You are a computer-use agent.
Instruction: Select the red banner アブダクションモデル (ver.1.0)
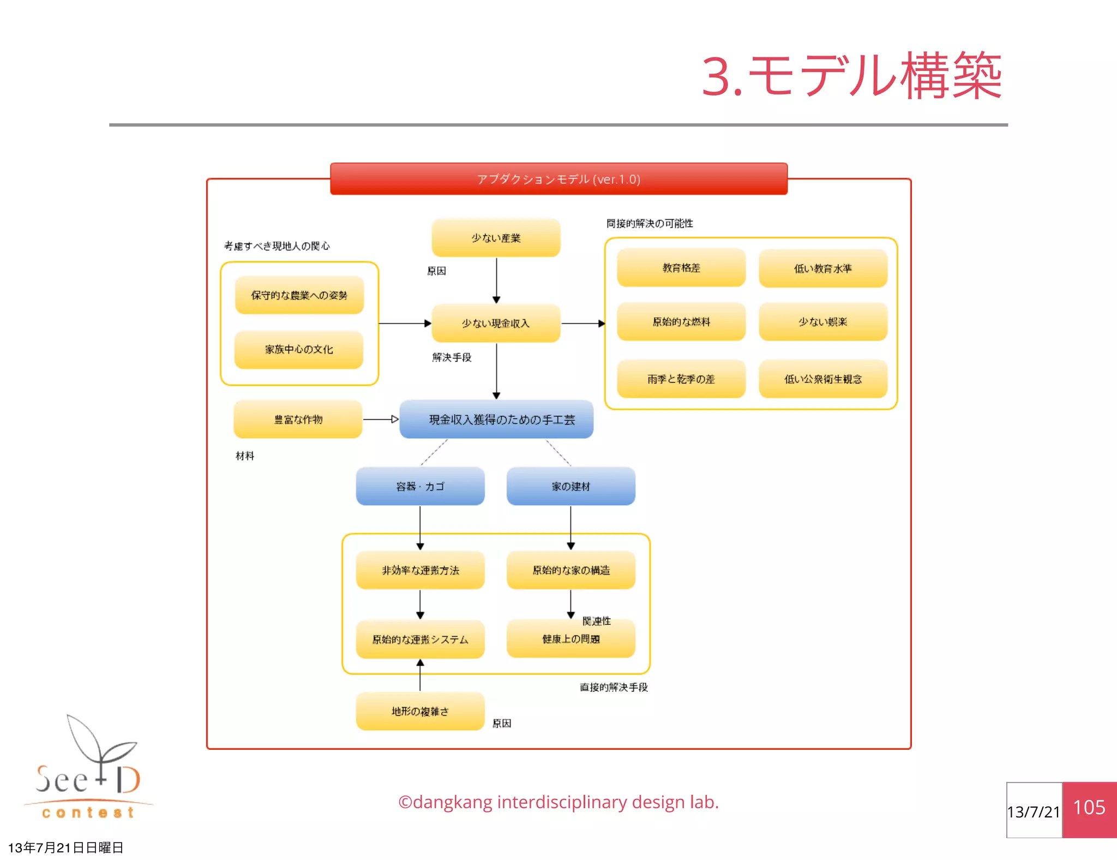(558, 179)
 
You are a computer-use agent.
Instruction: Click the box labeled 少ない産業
(496, 238)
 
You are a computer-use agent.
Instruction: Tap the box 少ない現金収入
(496, 323)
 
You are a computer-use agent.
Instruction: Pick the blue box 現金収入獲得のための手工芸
(496, 419)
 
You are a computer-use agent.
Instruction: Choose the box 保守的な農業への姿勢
(299, 295)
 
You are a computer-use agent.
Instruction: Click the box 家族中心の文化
(299, 349)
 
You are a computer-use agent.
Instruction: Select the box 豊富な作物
(298, 419)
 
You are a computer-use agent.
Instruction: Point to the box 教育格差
(681, 267)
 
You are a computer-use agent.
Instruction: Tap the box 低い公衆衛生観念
(823, 379)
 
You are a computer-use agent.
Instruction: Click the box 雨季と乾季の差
(681, 379)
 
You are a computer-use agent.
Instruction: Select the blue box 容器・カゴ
(420, 486)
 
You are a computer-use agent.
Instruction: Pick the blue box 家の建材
(570, 486)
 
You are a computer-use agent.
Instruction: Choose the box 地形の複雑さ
(420, 711)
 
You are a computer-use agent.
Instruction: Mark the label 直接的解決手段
(614, 687)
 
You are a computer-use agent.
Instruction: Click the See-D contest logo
(87, 769)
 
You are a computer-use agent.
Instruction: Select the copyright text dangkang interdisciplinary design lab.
(558, 802)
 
